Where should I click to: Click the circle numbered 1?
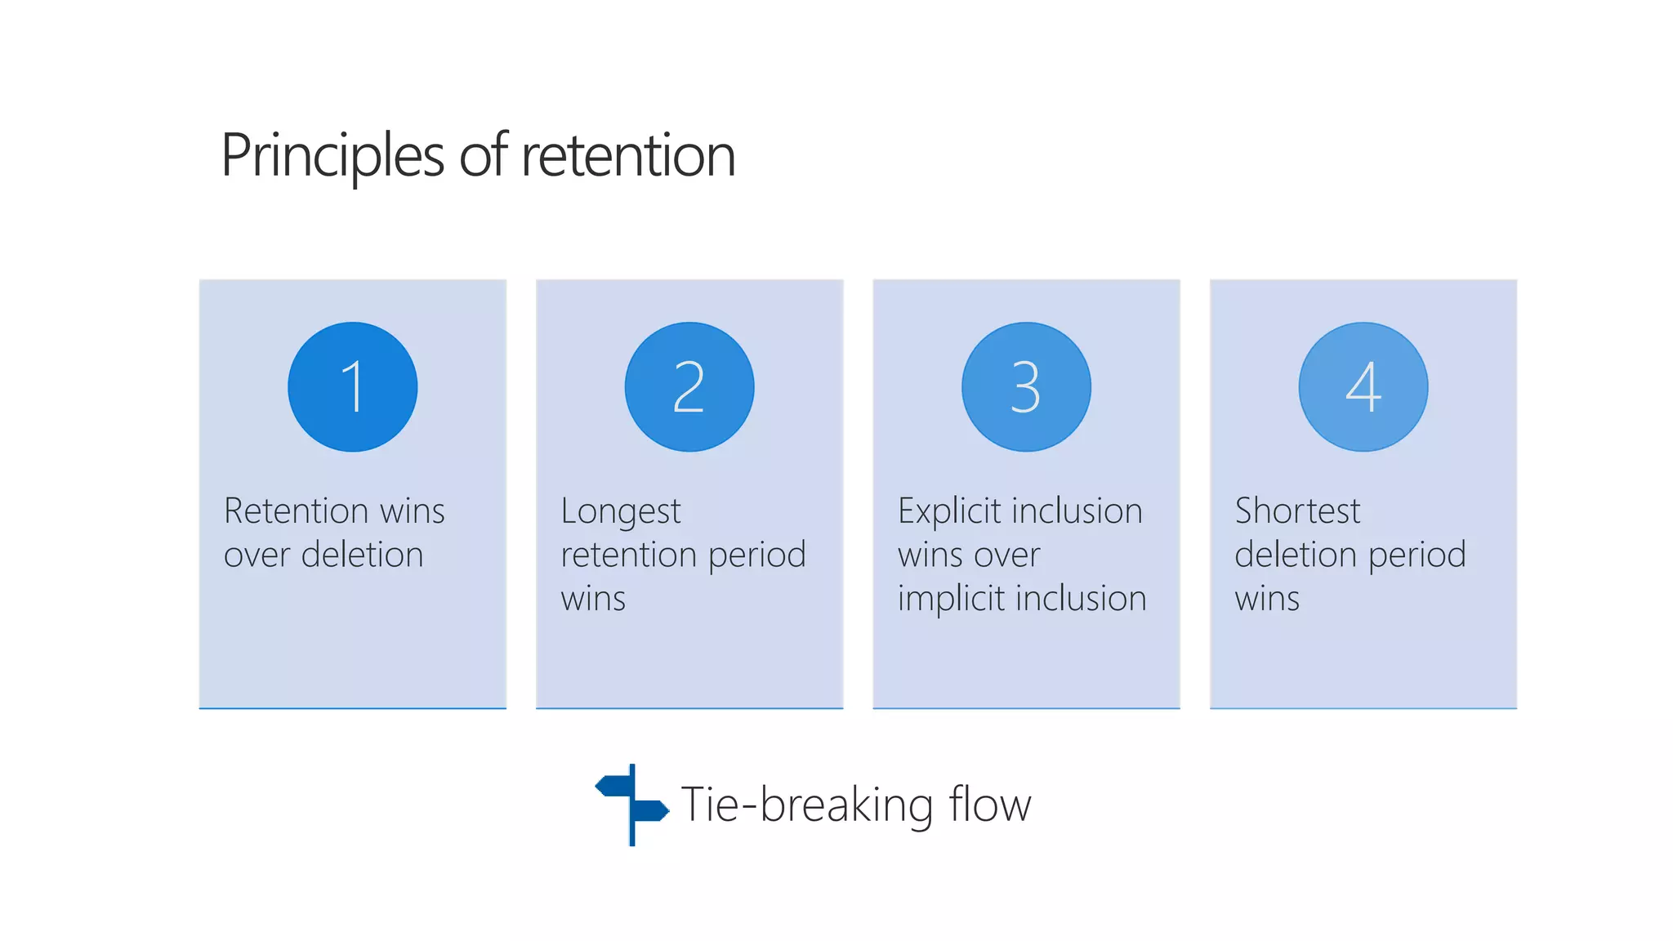tap(352, 386)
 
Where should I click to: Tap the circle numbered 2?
tap(689, 386)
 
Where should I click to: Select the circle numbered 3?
tap(1026, 386)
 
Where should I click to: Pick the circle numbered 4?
tap(1363, 386)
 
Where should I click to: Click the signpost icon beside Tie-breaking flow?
tap(632, 805)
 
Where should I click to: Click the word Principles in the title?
tap(332, 155)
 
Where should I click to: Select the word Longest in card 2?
tap(620, 512)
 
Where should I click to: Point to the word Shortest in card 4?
tap(1297, 511)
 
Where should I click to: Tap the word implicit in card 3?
tap(951, 599)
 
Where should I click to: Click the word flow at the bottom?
tap(990, 805)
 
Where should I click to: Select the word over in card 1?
tap(257, 556)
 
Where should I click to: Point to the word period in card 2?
tap(756, 556)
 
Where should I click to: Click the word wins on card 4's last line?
tap(1266, 599)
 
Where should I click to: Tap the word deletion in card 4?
tap(1296, 555)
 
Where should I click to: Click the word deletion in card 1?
tap(363, 555)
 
